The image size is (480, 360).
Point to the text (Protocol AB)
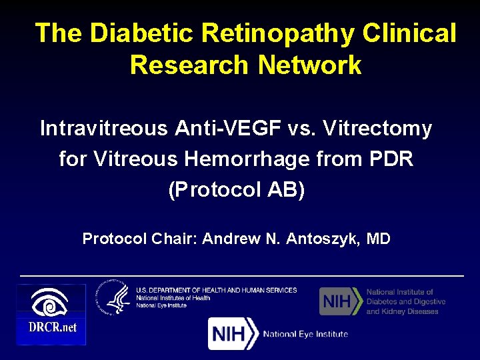pos(237,190)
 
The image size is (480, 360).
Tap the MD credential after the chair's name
pos(378,238)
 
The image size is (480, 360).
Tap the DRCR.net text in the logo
pos(51,327)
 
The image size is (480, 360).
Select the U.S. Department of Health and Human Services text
pos(217,290)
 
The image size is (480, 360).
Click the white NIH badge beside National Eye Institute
pos(233,333)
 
